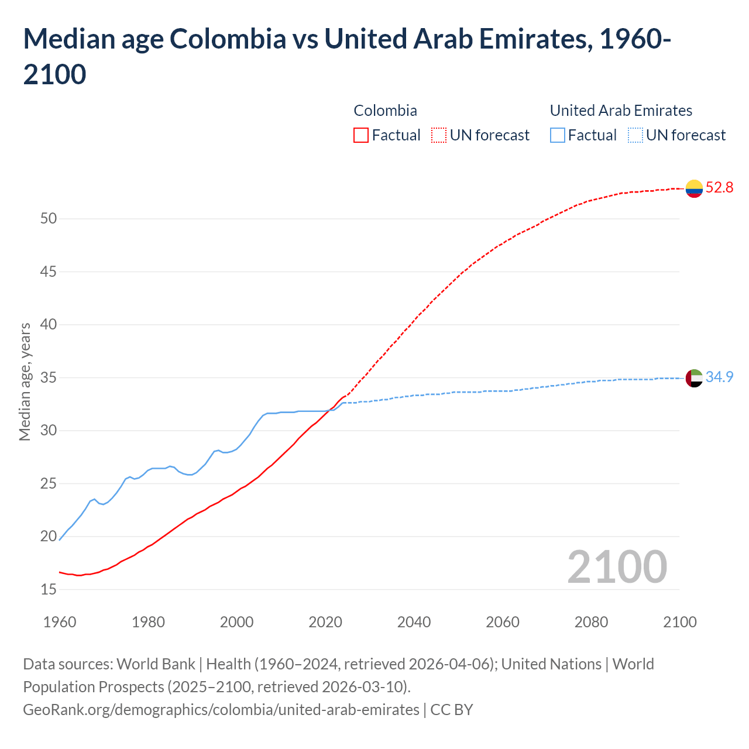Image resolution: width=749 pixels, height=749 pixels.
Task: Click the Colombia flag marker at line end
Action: click(x=694, y=188)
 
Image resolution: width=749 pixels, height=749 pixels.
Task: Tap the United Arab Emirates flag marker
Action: click(x=694, y=378)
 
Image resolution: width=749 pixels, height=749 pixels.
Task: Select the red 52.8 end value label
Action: click(x=719, y=188)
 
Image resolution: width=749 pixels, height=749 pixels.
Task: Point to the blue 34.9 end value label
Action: click(x=719, y=377)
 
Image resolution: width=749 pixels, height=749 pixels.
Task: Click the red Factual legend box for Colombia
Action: click(x=361, y=136)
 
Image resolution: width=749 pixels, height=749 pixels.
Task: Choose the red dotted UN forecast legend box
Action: click(x=439, y=136)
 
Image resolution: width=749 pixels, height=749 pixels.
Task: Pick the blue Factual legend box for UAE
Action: click(x=557, y=136)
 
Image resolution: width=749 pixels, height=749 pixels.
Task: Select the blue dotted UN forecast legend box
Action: click(x=635, y=136)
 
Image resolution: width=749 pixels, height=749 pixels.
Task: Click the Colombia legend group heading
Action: click(x=385, y=111)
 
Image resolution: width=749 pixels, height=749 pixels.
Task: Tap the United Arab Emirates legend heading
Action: click(x=621, y=111)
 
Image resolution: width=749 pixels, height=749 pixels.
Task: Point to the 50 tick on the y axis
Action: click(x=49, y=219)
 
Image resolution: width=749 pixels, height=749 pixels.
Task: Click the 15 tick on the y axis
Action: click(x=49, y=590)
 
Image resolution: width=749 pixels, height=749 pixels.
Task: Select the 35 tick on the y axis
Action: click(x=49, y=378)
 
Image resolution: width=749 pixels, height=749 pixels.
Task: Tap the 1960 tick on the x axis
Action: click(x=60, y=622)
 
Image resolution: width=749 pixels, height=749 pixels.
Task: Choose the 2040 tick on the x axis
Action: click(x=414, y=622)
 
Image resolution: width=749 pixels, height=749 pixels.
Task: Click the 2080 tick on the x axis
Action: click(x=591, y=622)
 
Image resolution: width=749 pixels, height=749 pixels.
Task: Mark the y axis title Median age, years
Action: click(x=25, y=382)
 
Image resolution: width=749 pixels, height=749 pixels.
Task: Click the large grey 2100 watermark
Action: click(x=617, y=567)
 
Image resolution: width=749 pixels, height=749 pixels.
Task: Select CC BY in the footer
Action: click(x=451, y=710)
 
